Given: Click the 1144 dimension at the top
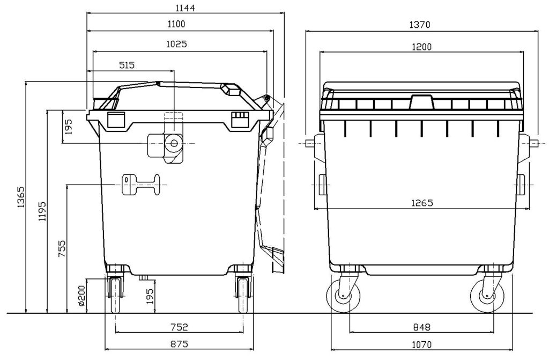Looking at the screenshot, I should point(184,8).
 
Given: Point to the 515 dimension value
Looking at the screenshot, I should point(127,65).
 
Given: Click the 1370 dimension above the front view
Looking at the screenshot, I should point(421,24).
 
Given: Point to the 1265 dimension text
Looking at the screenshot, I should point(422,203).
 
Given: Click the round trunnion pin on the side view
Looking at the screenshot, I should point(173,143).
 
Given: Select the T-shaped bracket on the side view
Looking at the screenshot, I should point(140,186).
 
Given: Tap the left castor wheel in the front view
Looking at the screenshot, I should point(342,297).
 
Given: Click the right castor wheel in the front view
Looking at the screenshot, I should point(486,297).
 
